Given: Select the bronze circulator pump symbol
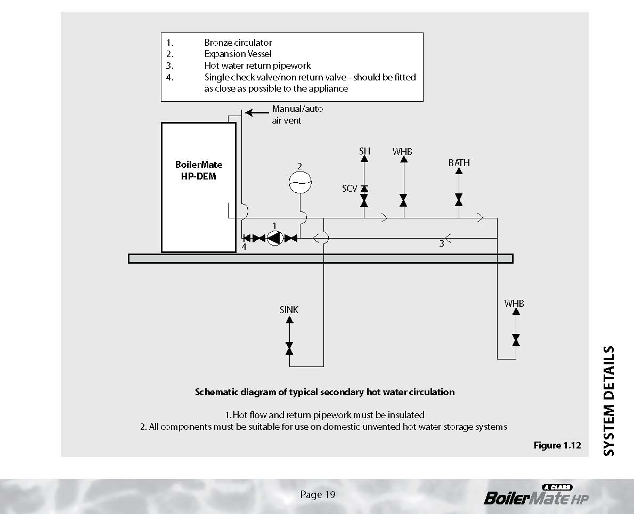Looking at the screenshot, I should click(274, 238).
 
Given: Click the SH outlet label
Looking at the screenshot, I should click(364, 151).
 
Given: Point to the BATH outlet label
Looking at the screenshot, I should click(459, 163).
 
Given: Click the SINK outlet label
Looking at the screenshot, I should click(289, 309).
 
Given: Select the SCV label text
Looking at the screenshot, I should click(349, 189).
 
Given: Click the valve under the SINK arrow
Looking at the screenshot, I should click(289, 348).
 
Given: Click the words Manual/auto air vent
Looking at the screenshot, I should click(297, 115).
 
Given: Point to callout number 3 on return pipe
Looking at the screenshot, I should click(441, 244).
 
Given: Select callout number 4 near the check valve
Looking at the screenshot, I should click(244, 247).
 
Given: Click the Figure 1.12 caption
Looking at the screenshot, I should click(557, 445).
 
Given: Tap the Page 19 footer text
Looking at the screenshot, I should click(318, 495).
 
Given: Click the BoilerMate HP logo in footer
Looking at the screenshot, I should click(536, 496).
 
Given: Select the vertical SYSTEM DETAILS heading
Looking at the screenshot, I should click(608, 401).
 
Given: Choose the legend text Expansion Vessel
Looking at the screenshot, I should click(238, 54).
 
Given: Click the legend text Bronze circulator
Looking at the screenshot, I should click(238, 43).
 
